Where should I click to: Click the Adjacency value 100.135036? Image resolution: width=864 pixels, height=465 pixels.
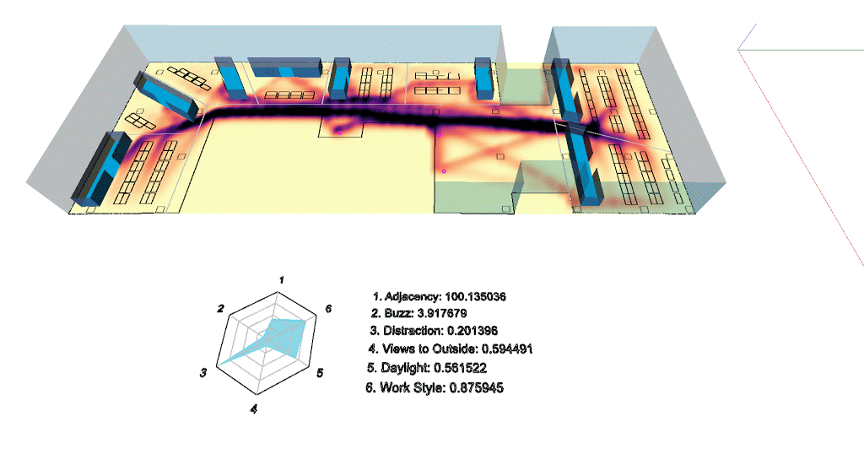coord(475,296)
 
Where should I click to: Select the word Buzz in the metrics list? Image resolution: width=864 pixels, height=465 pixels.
coord(398,313)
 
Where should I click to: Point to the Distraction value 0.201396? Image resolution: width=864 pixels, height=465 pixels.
coord(472,331)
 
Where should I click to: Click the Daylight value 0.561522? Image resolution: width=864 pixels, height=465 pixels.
coord(460,367)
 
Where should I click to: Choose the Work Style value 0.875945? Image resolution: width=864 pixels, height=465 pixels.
coord(476,388)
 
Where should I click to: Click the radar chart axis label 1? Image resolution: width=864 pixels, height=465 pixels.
coord(282,280)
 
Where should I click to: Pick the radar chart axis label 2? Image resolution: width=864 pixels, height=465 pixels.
coord(220,309)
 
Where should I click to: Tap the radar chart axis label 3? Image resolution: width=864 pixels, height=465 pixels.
coord(203,373)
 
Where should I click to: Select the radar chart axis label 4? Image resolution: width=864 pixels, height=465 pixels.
coord(253,408)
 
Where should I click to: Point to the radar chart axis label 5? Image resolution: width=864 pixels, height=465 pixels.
coord(320,373)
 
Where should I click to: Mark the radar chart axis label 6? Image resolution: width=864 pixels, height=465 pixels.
coord(328,309)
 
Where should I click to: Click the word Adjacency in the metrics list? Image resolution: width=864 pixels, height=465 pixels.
coord(412,296)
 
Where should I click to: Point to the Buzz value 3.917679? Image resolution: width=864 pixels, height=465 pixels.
coord(442,313)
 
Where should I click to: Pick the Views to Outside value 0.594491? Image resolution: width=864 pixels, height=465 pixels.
coord(507,349)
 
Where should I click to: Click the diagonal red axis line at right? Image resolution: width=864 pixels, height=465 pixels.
coord(802,158)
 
